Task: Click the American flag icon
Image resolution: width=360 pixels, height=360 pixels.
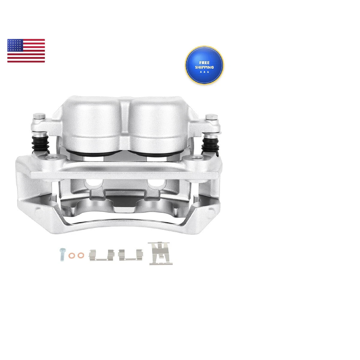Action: coord(26,51)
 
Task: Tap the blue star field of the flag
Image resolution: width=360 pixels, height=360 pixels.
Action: coord(15,45)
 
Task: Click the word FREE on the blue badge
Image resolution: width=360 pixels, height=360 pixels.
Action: coord(204,63)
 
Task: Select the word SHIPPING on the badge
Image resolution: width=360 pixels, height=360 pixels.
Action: coord(204,67)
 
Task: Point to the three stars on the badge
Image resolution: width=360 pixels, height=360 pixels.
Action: coord(204,72)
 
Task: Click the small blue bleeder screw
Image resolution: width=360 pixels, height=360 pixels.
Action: coord(62,254)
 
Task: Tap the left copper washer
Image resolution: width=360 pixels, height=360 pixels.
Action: coord(72,255)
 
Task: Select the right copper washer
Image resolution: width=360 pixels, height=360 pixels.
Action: coord(81,255)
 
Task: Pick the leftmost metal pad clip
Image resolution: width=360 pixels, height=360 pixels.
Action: coord(102,255)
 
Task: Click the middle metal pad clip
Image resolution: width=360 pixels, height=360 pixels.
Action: coord(130,254)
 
